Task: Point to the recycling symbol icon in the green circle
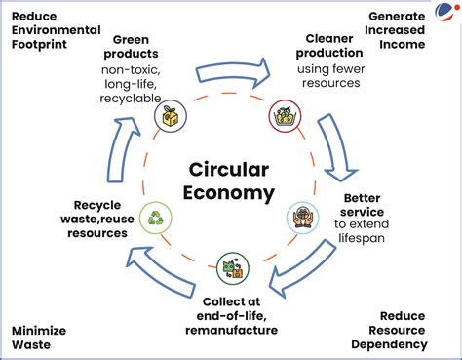coord(156,219)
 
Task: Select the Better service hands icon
coord(302,217)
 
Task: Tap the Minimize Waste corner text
coord(38,338)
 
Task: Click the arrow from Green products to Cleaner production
coord(234,72)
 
